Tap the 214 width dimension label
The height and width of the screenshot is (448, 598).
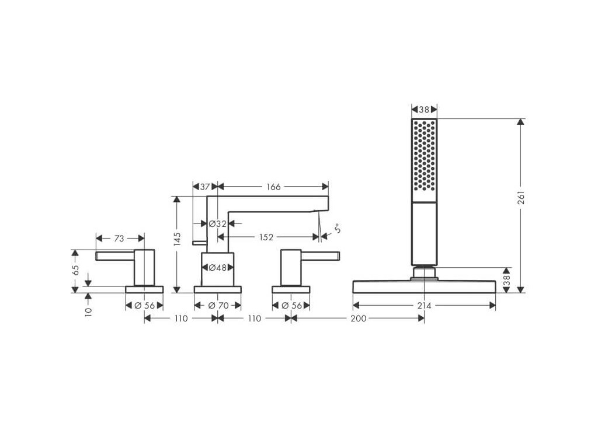click(x=425, y=306)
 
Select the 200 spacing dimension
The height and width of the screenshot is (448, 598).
click(x=358, y=318)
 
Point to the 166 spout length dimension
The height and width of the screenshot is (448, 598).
click(x=273, y=187)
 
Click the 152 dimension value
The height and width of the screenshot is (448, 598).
click(x=266, y=236)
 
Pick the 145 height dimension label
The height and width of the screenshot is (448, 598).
click(x=178, y=239)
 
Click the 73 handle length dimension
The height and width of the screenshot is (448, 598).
click(x=119, y=238)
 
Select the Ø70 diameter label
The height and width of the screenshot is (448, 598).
click(x=217, y=306)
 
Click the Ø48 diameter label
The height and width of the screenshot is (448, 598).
click(x=217, y=268)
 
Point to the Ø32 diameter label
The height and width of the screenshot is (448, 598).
click(x=217, y=223)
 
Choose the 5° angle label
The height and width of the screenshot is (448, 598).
click(x=337, y=230)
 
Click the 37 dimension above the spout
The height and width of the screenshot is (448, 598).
click(x=204, y=187)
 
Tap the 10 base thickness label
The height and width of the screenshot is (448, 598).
click(x=88, y=311)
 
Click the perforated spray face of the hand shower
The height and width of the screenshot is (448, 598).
click(x=425, y=155)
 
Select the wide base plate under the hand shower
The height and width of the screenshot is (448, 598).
click(x=425, y=286)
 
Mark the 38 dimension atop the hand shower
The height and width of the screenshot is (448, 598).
click(x=425, y=110)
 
